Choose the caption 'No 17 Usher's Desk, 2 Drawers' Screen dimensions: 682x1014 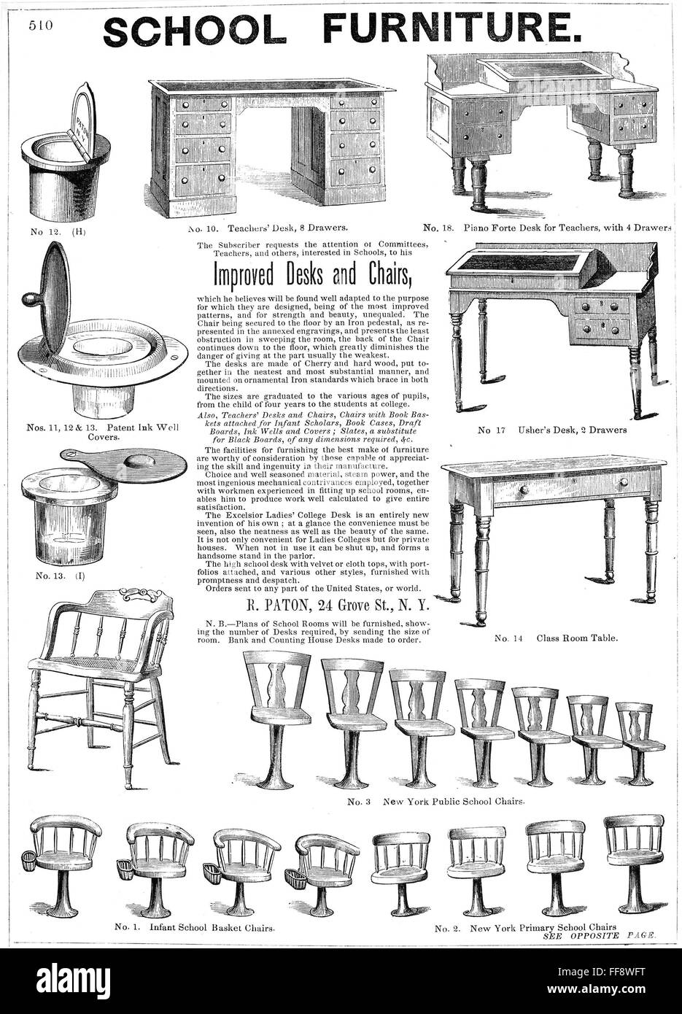(x=551, y=430)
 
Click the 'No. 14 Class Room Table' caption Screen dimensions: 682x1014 (x=556, y=638)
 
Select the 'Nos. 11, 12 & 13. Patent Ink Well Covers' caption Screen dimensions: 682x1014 (x=95, y=430)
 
